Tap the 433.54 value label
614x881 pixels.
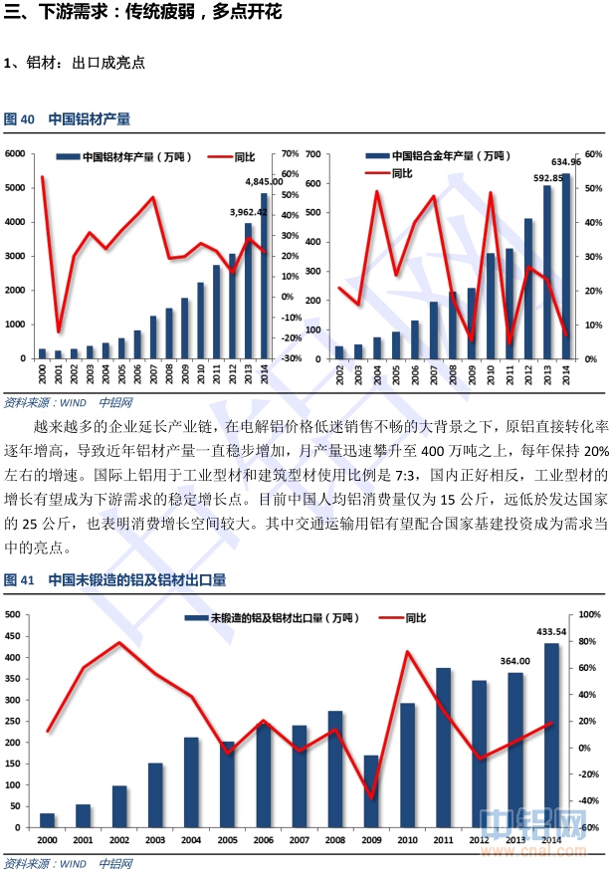[x=551, y=631]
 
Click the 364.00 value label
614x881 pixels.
[x=514, y=660]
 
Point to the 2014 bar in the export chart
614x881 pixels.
[x=550, y=737]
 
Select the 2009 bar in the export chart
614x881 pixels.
[x=370, y=792]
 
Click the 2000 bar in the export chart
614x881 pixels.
[x=47, y=820]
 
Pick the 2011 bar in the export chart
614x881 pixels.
[x=443, y=748]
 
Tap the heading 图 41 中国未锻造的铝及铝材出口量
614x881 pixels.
[x=115, y=579]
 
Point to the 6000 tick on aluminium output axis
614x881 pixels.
[x=15, y=153]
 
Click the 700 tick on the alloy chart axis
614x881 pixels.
[x=314, y=153]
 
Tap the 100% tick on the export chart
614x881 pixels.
[x=590, y=614]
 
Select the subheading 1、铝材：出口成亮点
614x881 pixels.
[x=75, y=63]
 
